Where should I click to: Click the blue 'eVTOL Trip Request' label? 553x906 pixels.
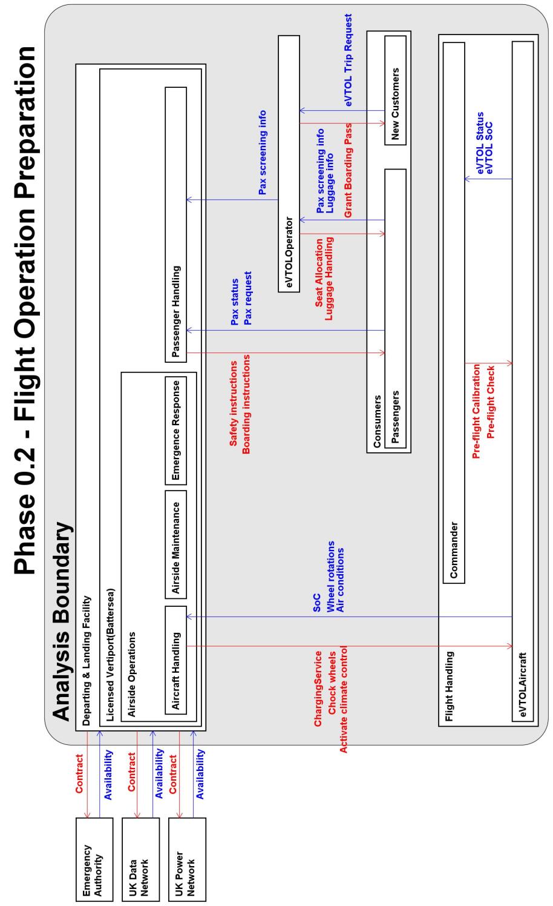coord(349,61)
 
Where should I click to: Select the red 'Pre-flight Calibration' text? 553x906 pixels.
coord(477,412)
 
